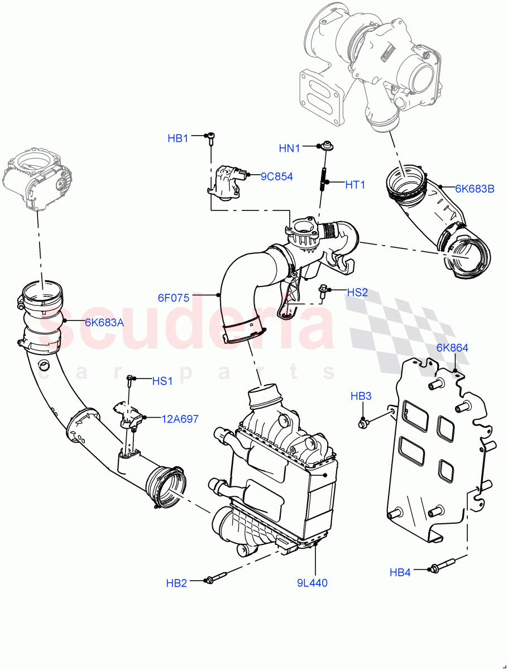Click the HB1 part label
[178, 138]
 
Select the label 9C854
[276, 176]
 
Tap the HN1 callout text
[290, 148]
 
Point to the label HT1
[354, 184]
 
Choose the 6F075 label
[174, 298]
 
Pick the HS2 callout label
[357, 292]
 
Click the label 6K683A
[104, 322]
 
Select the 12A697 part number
[180, 419]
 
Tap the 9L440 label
[312, 583]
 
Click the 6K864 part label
[452, 348]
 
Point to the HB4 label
[400, 572]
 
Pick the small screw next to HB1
[211, 138]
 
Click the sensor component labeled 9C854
[226, 180]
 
